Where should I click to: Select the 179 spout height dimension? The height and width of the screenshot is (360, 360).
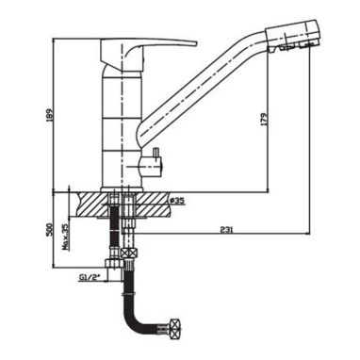coord(264,121)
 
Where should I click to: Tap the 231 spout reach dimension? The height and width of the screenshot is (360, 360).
coord(226,230)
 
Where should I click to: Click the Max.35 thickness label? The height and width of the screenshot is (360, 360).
coord(65,237)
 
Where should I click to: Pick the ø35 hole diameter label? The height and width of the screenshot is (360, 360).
coord(176,201)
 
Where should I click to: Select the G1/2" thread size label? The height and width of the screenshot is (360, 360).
coord(90,277)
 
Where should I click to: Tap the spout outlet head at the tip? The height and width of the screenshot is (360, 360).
coord(293,35)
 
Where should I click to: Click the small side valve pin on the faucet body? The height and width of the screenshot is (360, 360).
coord(155,154)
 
